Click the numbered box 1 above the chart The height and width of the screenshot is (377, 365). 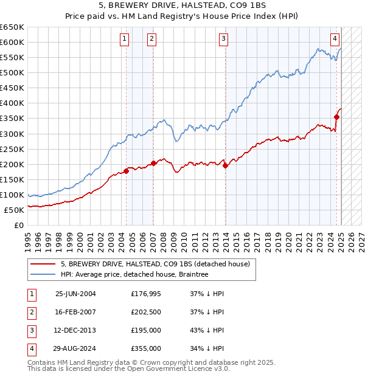(125, 39)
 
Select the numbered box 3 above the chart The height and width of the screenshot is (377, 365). (224, 39)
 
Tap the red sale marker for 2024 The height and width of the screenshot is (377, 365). (336, 116)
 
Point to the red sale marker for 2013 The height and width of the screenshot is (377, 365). (225, 165)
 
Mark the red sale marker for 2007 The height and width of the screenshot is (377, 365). (153, 162)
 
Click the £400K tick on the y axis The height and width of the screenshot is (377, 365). (12, 103)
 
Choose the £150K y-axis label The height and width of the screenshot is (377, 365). (12, 179)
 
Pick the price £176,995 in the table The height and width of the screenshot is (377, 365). (146, 294)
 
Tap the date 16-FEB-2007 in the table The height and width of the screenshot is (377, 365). (75, 312)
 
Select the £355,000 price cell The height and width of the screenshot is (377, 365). (146, 348)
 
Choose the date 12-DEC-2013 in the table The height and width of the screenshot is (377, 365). (75, 330)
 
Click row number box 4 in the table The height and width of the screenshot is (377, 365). (31, 348)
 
